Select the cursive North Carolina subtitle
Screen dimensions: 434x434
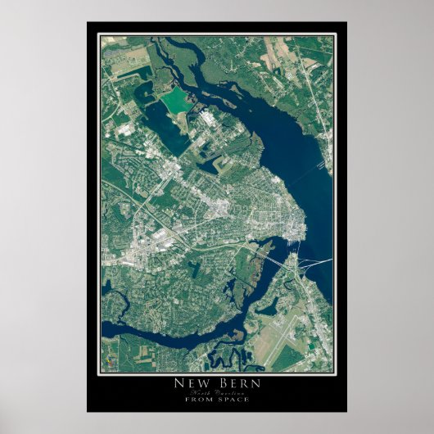(217, 392)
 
